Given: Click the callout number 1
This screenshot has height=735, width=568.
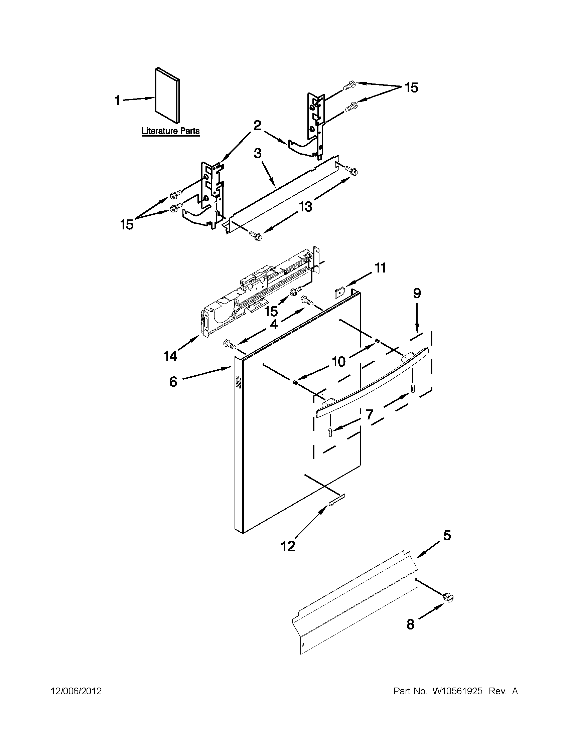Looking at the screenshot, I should click(117, 100).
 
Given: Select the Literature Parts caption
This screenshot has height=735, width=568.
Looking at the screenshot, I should click(170, 131).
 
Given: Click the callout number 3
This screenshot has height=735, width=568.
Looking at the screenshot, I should click(257, 154).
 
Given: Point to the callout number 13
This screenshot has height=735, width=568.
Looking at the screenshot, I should click(305, 207).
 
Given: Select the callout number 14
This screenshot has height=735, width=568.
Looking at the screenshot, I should click(171, 356).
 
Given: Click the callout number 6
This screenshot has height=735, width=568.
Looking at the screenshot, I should click(173, 382).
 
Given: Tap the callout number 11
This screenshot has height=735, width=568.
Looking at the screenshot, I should click(381, 268).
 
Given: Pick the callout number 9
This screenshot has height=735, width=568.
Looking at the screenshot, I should click(417, 294).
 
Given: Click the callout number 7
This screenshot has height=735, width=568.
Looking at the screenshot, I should click(369, 415).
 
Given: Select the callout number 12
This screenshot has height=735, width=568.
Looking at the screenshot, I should click(288, 546).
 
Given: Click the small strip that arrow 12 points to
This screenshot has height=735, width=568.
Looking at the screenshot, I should click(337, 499).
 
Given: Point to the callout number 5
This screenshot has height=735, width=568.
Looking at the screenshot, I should click(447, 535).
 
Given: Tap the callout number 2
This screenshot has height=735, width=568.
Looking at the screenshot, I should click(257, 126).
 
